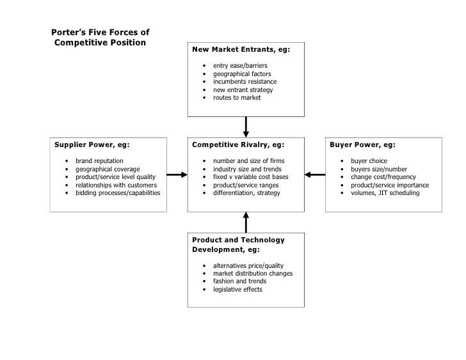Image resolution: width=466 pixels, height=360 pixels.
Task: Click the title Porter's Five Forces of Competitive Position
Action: click(100, 38)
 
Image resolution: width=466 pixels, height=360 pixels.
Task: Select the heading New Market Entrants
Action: click(241, 49)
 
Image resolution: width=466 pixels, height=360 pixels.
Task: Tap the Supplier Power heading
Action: click(92, 145)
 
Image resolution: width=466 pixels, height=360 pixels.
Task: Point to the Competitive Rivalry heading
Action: click(237, 145)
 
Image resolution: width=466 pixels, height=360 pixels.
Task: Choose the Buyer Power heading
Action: click(362, 145)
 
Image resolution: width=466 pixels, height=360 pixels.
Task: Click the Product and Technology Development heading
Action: click(238, 244)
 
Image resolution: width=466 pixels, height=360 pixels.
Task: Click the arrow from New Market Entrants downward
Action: click(246, 127)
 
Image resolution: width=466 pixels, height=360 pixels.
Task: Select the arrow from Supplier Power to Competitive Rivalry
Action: click(177, 174)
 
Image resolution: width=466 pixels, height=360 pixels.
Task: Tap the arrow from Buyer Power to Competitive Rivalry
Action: click(315, 174)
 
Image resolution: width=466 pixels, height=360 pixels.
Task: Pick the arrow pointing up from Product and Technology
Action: click(246, 222)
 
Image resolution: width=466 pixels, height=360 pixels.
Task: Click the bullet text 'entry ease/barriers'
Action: click(240, 66)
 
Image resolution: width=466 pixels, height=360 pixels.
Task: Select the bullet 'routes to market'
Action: click(237, 98)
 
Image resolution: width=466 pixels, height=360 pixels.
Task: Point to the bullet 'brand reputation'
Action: click(99, 160)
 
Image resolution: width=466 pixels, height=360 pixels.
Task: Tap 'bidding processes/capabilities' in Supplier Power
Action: click(118, 192)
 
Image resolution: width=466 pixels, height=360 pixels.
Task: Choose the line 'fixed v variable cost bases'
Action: click(250, 176)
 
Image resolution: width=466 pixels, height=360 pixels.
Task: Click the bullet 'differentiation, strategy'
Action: click(246, 192)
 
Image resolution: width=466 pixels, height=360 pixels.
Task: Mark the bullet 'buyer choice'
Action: click(369, 160)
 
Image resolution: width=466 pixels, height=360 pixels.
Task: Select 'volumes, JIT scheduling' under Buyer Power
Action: click(385, 192)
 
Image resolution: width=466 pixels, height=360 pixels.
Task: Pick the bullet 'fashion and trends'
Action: click(240, 281)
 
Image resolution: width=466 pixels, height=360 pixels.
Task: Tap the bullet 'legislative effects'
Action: click(237, 290)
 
